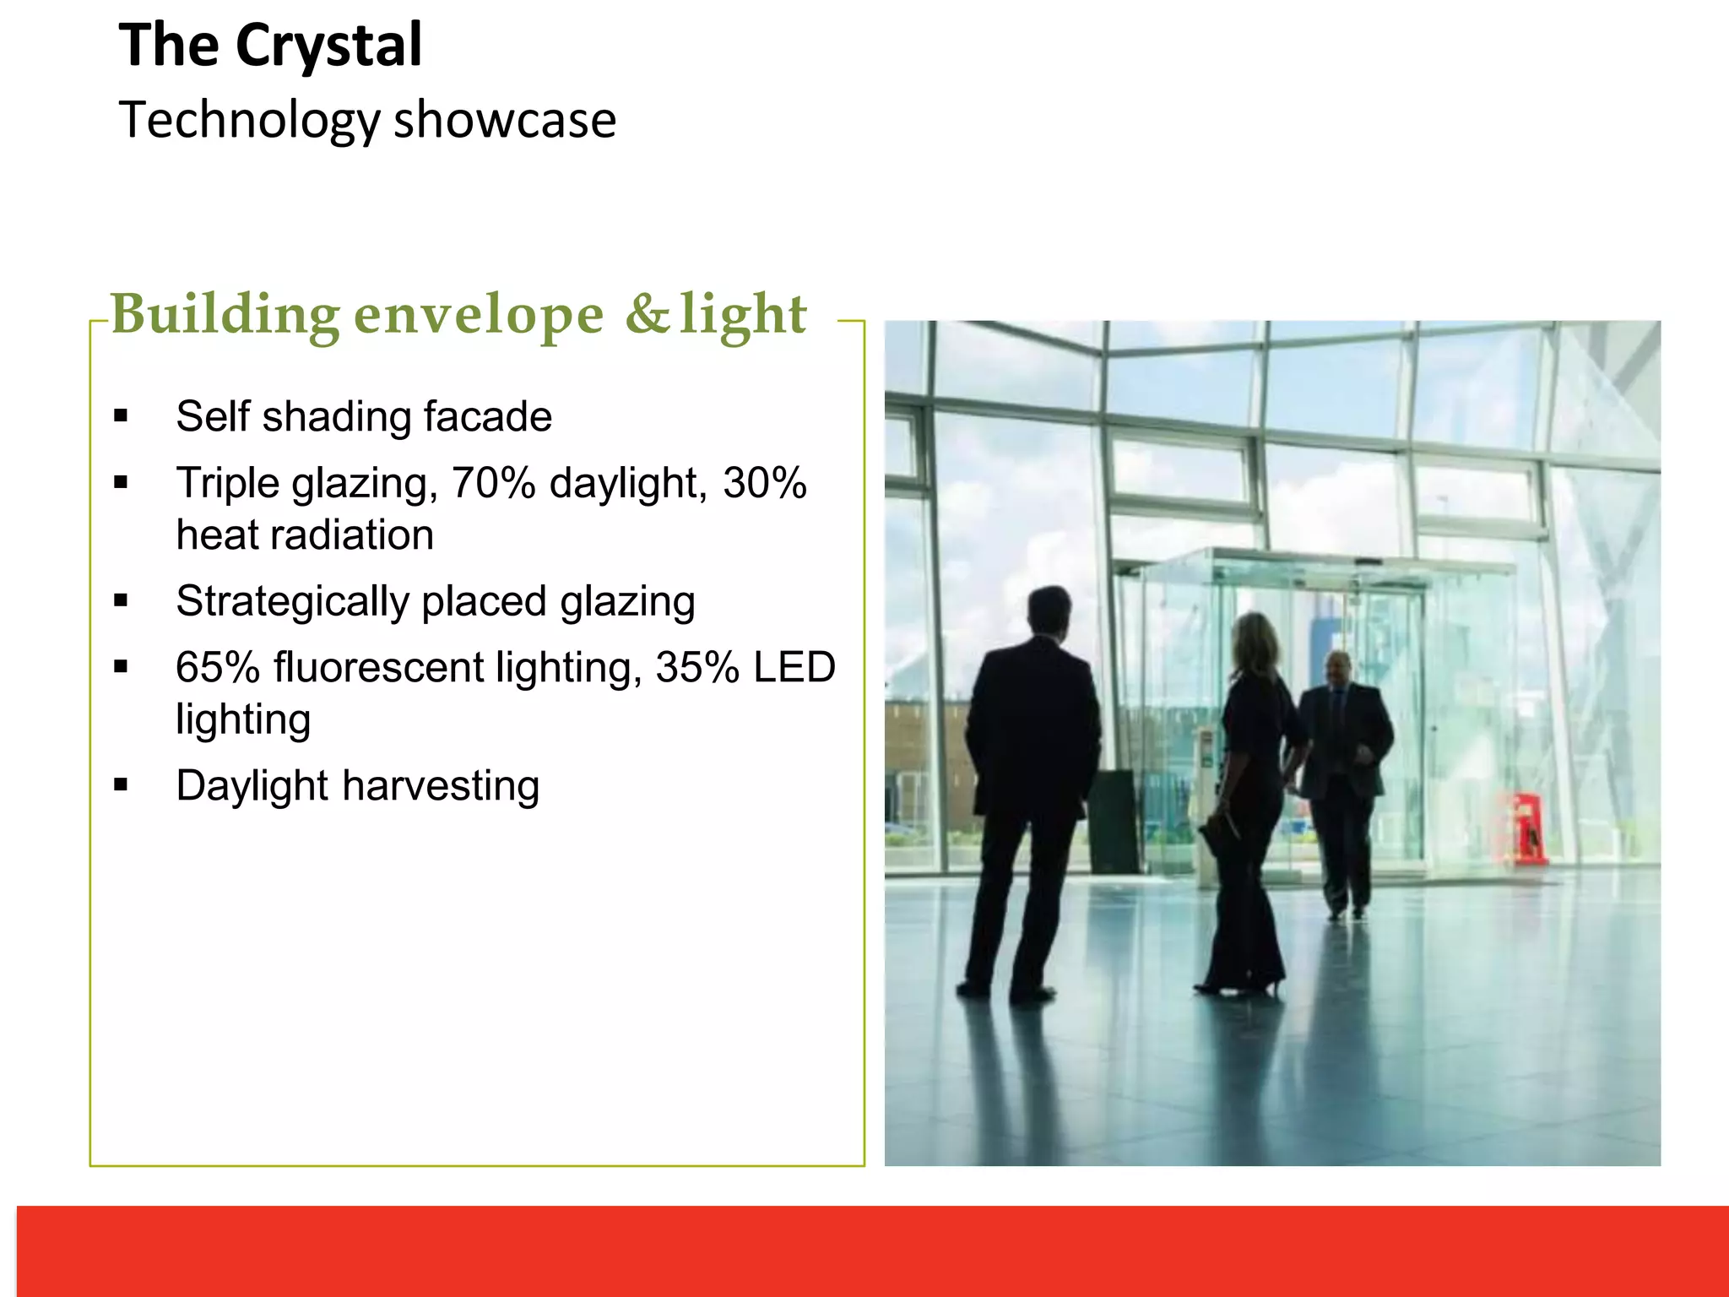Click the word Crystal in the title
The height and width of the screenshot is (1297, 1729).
coord(328,46)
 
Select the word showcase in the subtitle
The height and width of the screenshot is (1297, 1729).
coord(505,120)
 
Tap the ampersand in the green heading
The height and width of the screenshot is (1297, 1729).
coord(647,313)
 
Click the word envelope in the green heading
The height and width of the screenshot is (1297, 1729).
coord(479,315)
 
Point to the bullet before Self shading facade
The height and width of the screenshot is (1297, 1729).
coord(121,415)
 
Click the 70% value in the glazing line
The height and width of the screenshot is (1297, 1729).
coord(493,483)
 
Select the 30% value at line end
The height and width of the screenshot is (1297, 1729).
coord(764,483)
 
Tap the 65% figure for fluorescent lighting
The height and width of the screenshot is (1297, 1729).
coord(218,668)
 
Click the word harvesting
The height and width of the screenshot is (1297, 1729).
coord(441,786)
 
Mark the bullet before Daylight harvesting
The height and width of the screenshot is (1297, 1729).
coord(121,785)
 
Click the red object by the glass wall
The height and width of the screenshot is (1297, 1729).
coord(1526,828)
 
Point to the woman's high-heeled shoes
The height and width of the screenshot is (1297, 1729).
coord(1241,985)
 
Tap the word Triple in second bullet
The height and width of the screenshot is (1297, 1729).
coord(227,484)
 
